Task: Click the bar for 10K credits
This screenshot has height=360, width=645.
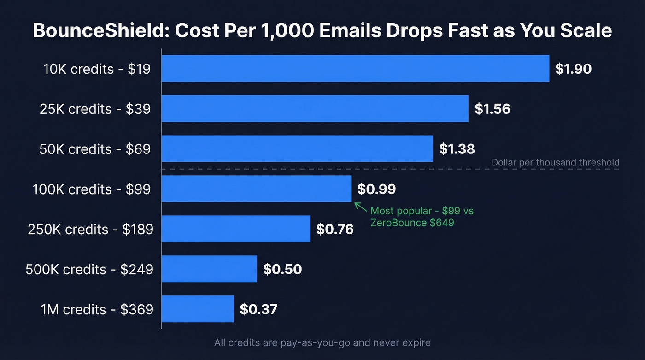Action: (355, 69)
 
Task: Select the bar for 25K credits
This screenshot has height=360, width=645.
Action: (315, 109)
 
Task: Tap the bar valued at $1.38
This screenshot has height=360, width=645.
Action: (297, 149)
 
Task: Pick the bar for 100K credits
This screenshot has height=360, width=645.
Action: (256, 189)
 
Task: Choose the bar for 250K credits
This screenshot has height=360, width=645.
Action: (235, 229)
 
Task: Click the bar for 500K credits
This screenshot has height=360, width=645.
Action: (209, 269)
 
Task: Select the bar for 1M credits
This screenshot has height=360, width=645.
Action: (198, 309)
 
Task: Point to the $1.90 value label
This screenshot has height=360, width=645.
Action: (573, 69)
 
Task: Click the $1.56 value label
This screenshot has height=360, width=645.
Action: (493, 109)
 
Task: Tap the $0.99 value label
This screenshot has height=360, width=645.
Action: (376, 189)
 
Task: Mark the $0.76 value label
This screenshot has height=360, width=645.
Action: (335, 229)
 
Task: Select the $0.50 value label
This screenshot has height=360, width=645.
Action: (282, 269)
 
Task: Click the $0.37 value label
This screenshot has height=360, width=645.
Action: (258, 309)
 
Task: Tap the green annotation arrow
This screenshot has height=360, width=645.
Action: (360, 207)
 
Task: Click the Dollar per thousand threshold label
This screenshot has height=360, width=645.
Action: (555, 163)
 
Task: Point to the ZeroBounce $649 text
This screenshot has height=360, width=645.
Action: (412, 223)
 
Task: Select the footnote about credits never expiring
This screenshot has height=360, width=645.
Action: (322, 343)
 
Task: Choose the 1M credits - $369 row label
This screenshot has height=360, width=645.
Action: (97, 309)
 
